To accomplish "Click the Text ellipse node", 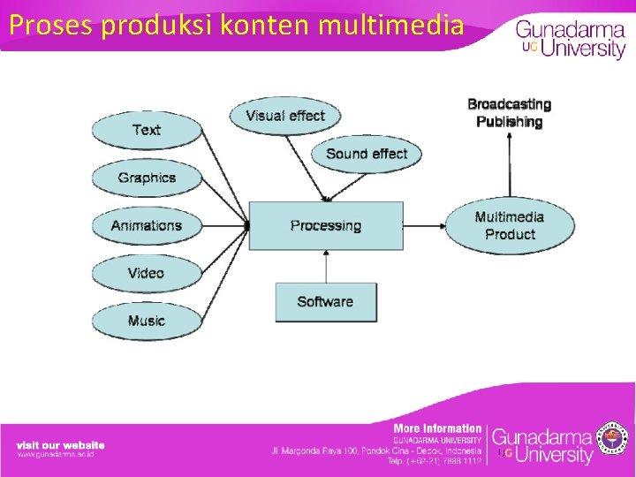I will pos(147,130).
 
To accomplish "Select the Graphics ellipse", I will pos(147,178).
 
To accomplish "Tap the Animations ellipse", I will pos(147,225).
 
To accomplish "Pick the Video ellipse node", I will pos(147,273).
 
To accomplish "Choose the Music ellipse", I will pos(147,321).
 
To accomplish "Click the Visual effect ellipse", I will pos(284,116).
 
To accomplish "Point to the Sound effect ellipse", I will pos(366,154).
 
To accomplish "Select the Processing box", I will pos(326,225).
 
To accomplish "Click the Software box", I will pos(325,301).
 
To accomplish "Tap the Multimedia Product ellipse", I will pos(509,225).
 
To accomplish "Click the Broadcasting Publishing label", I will pos(509,113).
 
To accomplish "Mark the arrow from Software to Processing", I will pos(326,266).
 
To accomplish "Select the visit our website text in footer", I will pos(60,445).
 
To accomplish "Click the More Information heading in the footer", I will pos(437,428).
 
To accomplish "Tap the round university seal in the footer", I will pos(613,437).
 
